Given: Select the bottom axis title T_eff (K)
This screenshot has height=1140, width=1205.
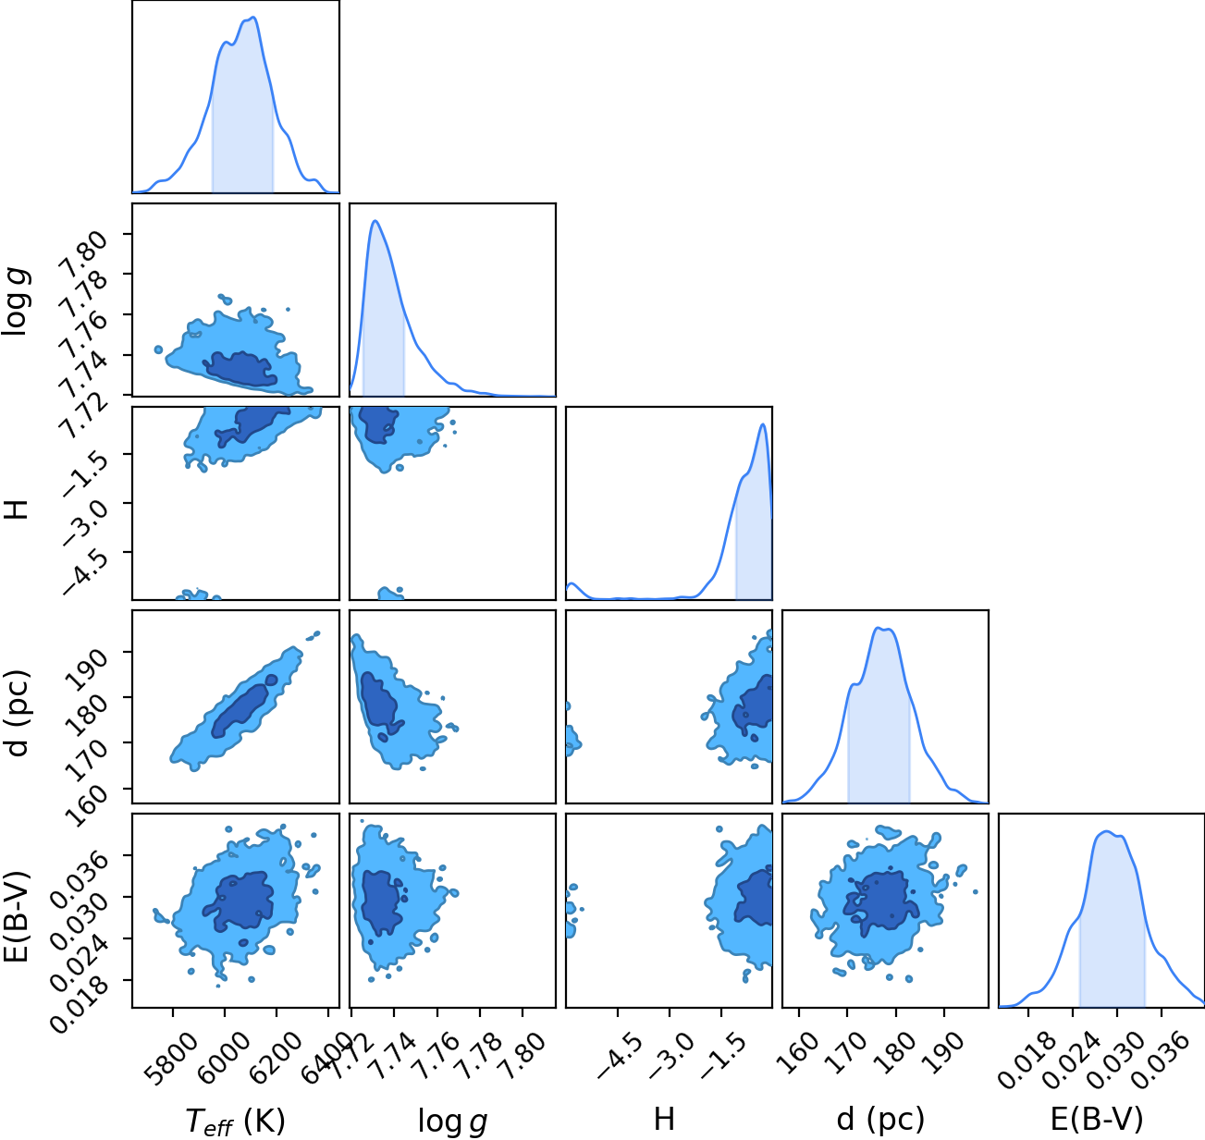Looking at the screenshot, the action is click(x=236, y=1121).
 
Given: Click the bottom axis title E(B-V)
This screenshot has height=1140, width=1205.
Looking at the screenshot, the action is click(x=1097, y=1119).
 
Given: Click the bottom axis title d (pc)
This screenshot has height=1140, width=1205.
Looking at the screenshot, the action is click(x=880, y=1119).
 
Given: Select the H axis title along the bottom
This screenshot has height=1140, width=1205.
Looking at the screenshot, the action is click(x=664, y=1119).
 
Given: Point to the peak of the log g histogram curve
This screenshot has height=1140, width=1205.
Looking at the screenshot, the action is click(x=375, y=221).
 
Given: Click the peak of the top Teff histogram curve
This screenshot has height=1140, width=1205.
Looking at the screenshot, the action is click(x=253, y=18).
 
